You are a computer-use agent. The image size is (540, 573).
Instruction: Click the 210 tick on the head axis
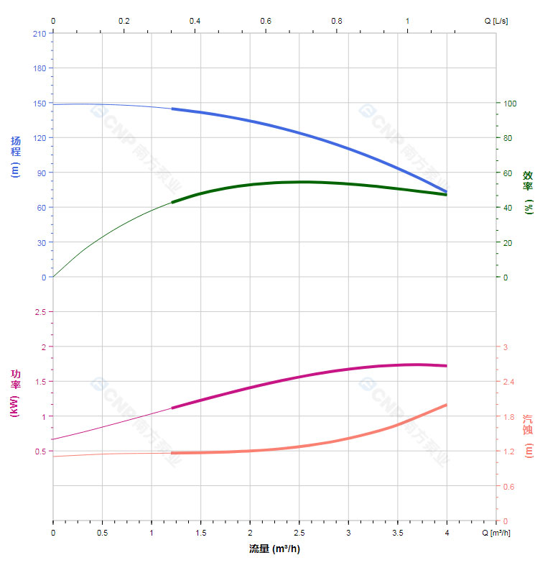(39, 33)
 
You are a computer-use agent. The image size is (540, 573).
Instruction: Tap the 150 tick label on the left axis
(39, 103)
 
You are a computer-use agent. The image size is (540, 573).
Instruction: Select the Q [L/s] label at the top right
(495, 21)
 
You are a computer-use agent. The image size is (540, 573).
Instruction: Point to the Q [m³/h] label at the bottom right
(495, 534)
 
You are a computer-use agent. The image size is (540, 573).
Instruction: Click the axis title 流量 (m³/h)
(274, 549)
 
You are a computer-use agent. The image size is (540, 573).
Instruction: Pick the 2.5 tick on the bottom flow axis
(299, 534)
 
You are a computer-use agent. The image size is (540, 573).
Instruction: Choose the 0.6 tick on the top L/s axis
(266, 21)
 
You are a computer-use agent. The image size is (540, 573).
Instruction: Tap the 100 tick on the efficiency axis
(509, 103)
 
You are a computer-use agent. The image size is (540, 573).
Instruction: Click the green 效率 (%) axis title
(528, 192)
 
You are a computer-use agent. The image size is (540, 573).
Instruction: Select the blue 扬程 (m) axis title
(16, 156)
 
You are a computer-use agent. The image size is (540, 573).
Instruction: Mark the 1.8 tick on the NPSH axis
(508, 417)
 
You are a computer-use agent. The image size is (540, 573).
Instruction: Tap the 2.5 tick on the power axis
(39, 312)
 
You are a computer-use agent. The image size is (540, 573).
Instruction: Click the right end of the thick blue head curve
(446, 191)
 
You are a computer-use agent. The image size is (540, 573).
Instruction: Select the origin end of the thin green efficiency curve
(53, 277)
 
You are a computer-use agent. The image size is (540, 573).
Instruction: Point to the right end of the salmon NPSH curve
(446, 405)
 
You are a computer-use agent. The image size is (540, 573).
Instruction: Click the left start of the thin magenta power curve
(53, 439)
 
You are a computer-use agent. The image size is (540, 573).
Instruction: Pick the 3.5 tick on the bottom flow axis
(398, 534)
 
